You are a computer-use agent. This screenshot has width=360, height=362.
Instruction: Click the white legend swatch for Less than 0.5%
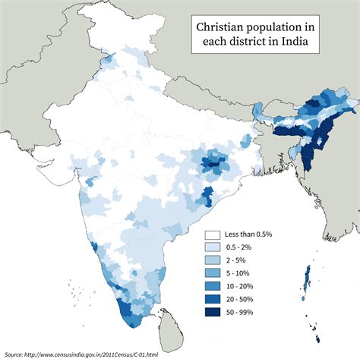(213, 235)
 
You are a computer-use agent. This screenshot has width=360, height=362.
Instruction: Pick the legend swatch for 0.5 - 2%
(213, 247)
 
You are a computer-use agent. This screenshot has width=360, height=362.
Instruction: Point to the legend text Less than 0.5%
(254, 235)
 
